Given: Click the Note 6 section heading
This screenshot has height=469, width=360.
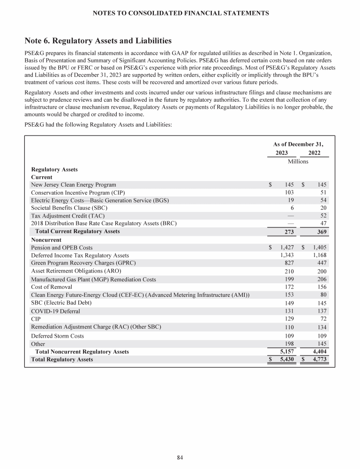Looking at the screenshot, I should click(x=98, y=41).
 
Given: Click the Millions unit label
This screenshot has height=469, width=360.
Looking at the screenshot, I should click(x=298, y=161).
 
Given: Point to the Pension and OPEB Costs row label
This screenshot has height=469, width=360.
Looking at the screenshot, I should click(x=62, y=247).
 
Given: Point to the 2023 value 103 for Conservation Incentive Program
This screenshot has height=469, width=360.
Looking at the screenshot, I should click(x=289, y=192).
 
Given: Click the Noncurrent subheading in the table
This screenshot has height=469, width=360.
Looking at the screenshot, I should click(x=46, y=240).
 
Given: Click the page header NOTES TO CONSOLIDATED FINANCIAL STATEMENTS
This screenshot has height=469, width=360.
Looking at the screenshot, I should click(x=180, y=14).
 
